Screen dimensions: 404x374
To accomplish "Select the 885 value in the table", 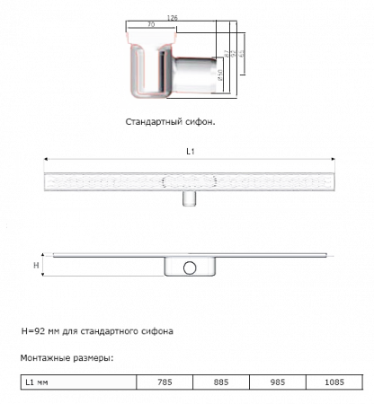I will [220, 381].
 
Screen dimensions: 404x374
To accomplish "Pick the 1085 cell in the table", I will [334, 381].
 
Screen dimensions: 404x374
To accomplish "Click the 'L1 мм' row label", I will [36, 381].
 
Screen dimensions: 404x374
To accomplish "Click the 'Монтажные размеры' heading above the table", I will [65, 357].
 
